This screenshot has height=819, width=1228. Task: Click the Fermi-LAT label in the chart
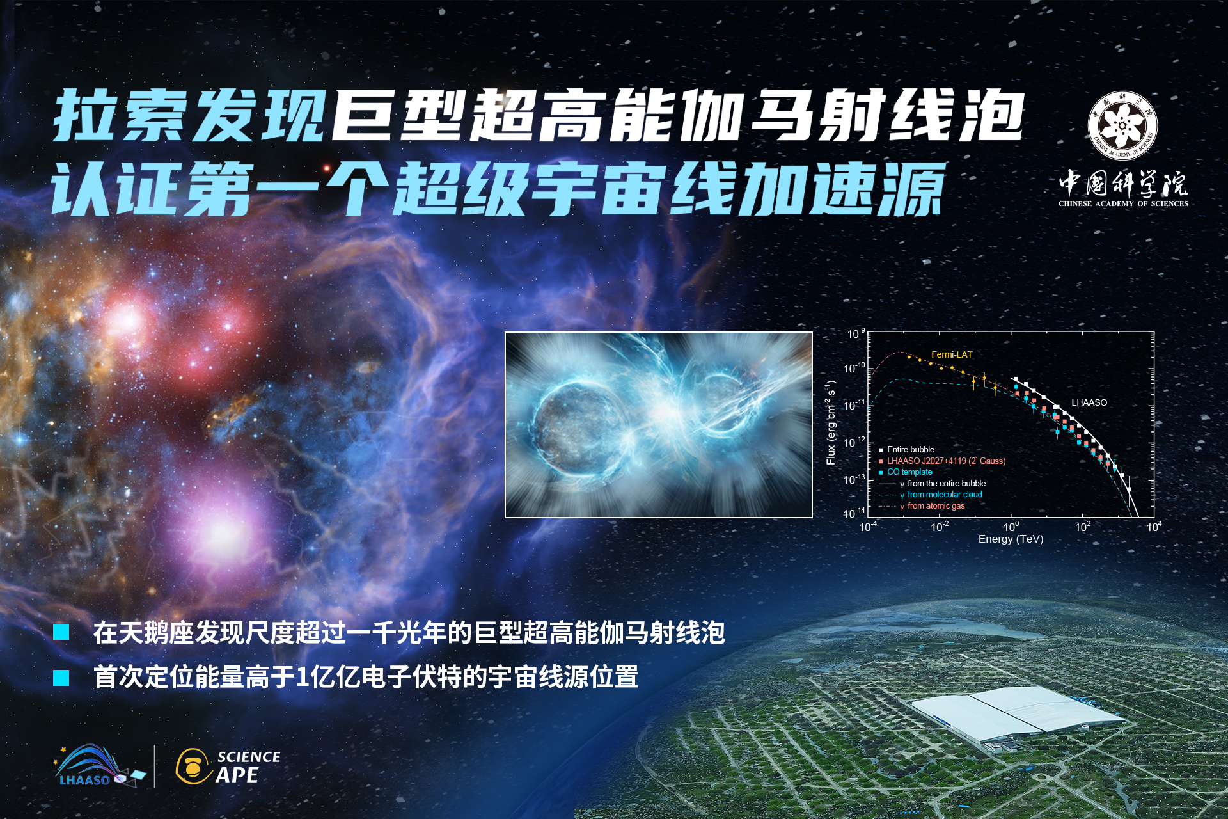tap(951, 354)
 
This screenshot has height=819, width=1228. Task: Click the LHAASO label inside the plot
tap(1089, 402)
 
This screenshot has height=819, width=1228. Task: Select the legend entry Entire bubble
tap(910, 450)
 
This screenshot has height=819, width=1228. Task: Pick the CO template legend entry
tap(909, 472)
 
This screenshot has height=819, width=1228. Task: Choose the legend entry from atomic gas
tap(935, 506)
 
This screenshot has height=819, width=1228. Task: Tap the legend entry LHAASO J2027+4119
tap(945, 461)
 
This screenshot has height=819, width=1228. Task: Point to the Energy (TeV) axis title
tap(1011, 539)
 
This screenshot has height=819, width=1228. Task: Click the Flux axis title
tap(831, 423)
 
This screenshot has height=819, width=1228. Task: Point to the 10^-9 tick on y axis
tap(856, 334)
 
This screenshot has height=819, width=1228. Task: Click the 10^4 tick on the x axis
tap(1154, 527)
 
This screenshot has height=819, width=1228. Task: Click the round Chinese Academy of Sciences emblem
tap(1122, 126)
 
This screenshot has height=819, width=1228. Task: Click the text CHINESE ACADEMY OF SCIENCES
tap(1123, 203)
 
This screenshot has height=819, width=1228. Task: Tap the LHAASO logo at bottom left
tap(96, 766)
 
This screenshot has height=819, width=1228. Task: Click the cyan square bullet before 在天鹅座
tap(61, 632)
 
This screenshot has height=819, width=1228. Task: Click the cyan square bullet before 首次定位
tap(61, 678)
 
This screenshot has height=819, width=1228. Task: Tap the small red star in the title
tap(326, 168)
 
